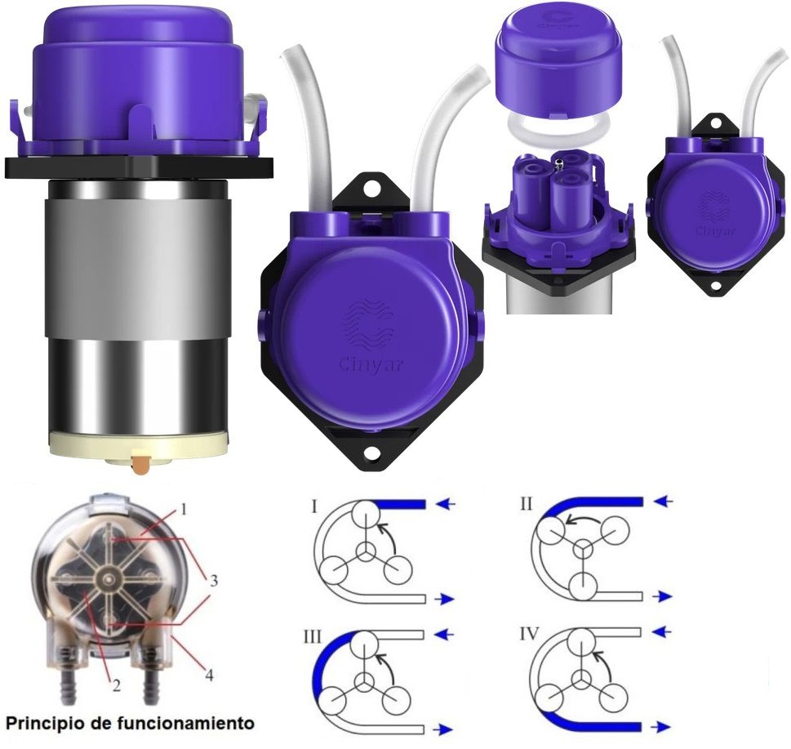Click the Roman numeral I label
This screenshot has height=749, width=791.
click(314, 506)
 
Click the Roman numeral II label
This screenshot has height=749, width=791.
click(527, 504)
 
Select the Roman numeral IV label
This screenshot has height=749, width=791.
click(530, 633)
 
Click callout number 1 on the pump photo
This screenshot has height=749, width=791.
click(184, 510)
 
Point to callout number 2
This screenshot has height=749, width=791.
click(117, 685)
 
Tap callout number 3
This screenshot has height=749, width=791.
click(214, 581)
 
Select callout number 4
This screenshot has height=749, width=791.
click(208, 673)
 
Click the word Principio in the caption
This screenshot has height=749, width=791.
click(48, 724)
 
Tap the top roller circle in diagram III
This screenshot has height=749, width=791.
click(364, 645)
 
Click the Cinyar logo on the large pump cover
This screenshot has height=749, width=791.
click(371, 336)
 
